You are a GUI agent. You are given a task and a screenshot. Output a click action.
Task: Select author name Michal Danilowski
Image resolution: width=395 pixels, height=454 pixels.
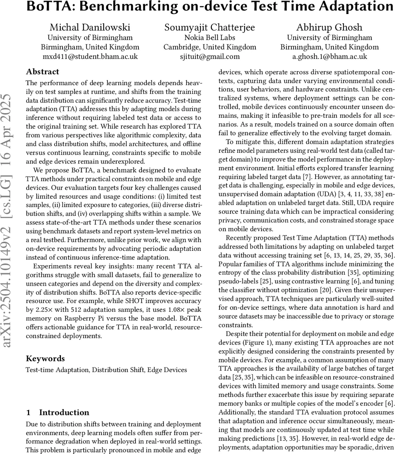tap(90, 27)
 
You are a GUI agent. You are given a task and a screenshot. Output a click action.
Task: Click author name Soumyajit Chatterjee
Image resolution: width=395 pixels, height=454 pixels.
tap(210, 27)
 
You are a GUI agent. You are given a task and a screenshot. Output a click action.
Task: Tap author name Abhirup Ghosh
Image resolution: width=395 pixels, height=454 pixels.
tap(329, 27)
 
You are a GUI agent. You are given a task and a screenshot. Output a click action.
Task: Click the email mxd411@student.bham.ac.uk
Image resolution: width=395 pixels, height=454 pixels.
tap(90, 57)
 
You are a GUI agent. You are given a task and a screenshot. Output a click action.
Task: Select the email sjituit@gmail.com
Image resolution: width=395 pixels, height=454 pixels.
tap(210, 57)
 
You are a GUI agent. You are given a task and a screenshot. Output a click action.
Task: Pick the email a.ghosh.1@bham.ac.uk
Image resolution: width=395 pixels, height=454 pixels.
tap(329, 57)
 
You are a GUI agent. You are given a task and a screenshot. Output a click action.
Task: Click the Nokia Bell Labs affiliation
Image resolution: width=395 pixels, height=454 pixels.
tap(210, 37)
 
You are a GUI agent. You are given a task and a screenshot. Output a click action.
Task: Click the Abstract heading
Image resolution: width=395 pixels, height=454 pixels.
tap(42, 72)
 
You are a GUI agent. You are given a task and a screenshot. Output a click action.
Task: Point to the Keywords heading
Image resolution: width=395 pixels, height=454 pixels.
tap(45, 359)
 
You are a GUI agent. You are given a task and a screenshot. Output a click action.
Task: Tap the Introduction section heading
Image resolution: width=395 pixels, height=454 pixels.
tap(64, 412)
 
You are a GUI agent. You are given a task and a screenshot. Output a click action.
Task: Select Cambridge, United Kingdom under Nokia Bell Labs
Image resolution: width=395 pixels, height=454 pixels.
tap(210, 47)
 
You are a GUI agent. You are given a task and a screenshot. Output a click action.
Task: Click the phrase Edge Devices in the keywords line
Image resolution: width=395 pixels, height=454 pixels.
tap(167, 370)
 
